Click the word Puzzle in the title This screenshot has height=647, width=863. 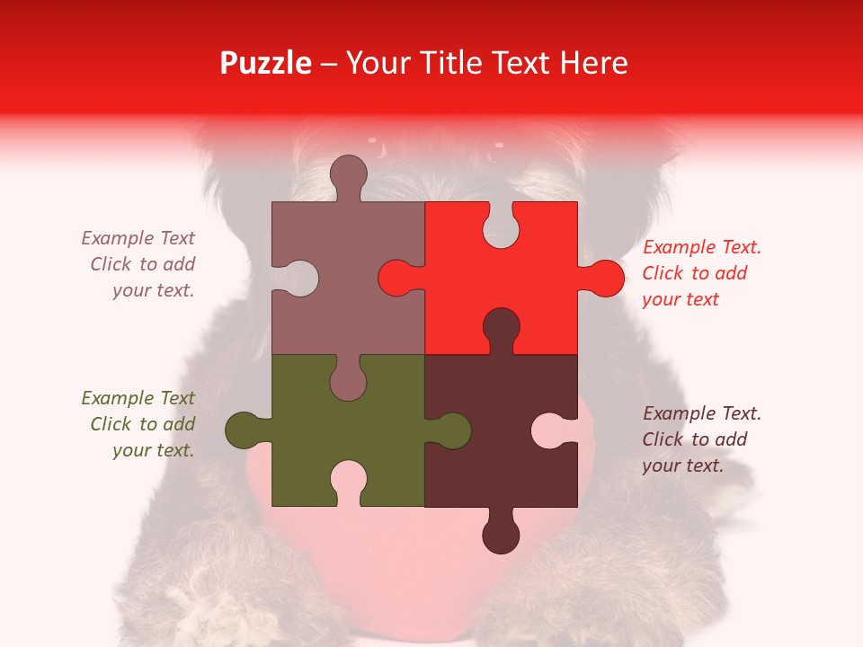coord(265,63)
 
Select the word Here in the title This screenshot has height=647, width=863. coord(593,63)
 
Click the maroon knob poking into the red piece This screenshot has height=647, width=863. coord(501,326)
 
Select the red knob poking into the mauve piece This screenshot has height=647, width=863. coord(396,278)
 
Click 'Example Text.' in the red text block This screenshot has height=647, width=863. coord(702,247)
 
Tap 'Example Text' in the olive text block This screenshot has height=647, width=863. coord(138,398)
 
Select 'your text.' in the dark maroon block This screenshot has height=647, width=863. coord(682,465)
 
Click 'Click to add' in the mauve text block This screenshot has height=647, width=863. coord(142,264)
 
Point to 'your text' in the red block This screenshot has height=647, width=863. coord(681,299)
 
